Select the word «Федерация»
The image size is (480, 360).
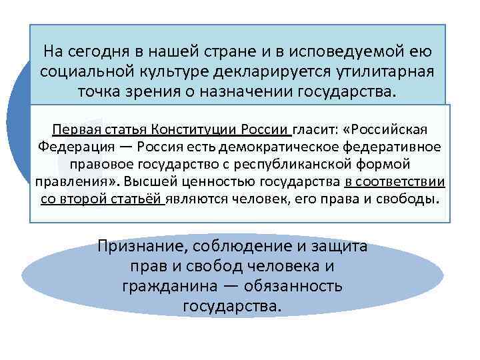(69, 147)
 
